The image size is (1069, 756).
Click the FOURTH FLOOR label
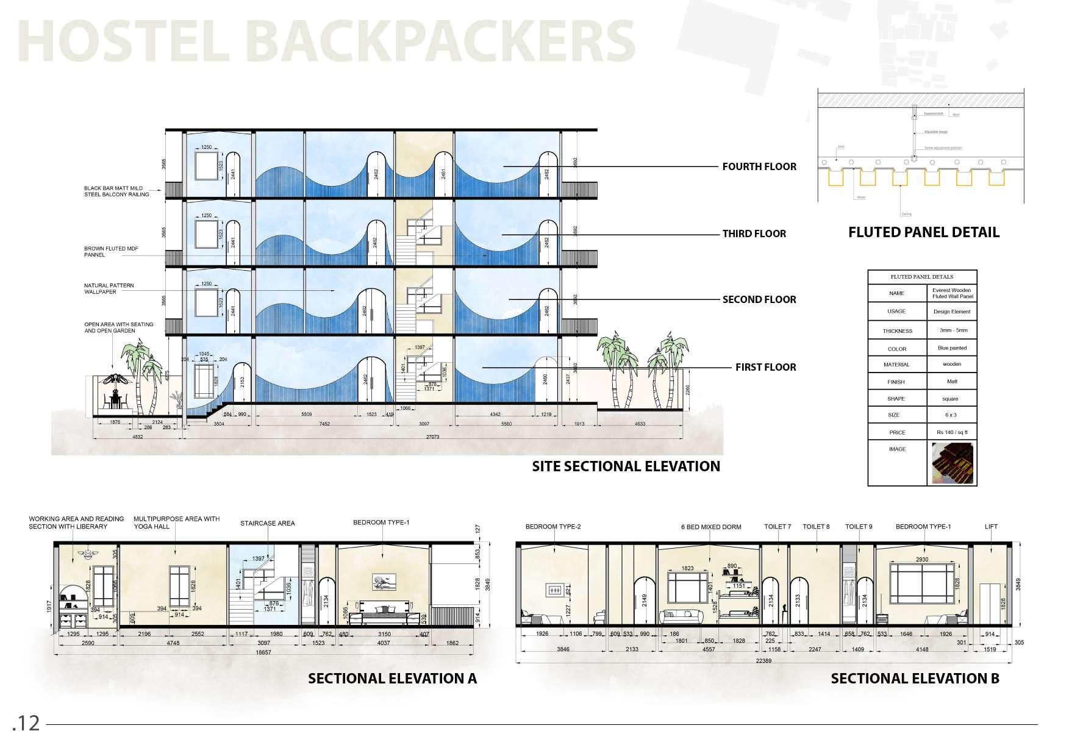pyautogui.click(x=759, y=166)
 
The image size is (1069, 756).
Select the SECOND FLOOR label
pyautogui.click(x=759, y=299)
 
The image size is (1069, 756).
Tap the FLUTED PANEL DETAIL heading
pyautogui.click(x=923, y=232)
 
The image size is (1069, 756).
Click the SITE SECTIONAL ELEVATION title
pyautogui.click(x=626, y=466)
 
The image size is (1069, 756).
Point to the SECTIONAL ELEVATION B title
pyautogui.click(x=915, y=679)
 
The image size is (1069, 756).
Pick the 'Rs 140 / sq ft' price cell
pyautogui.click(x=952, y=432)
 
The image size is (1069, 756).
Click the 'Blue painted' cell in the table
pyautogui.click(x=952, y=348)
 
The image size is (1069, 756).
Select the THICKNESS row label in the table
pyautogui.click(x=897, y=331)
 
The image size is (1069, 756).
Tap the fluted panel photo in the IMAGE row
pyautogui.click(x=952, y=463)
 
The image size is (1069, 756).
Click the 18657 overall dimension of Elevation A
pyautogui.click(x=263, y=652)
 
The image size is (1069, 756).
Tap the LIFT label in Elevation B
pyautogui.click(x=991, y=527)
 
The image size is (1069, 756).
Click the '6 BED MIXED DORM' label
pyautogui.click(x=711, y=527)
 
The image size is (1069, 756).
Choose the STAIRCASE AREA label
pyautogui.click(x=267, y=523)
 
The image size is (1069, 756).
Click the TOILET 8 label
pyautogui.click(x=816, y=527)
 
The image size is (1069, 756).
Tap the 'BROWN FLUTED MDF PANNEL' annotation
pyautogui.click(x=103, y=252)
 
